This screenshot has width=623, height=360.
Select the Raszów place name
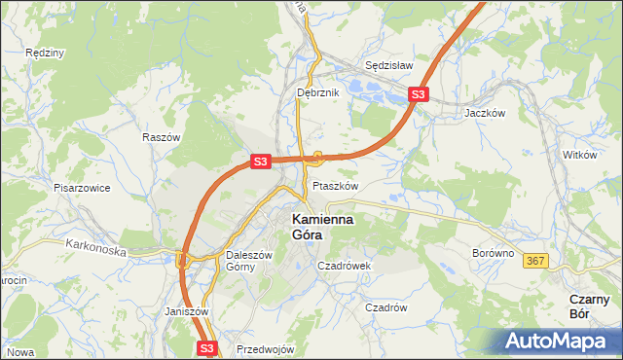pyautogui.click(x=162, y=138)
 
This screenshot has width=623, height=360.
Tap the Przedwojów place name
pyautogui.click(x=265, y=349)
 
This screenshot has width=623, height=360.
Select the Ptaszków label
pyautogui.click(x=336, y=185)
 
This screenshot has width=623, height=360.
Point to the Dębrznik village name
pyautogui.click(x=317, y=92)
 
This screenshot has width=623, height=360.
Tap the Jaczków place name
pyautogui.click(x=485, y=112)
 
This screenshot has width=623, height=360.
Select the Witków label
pyautogui.click(x=579, y=155)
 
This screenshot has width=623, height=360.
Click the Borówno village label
pyautogui.click(x=493, y=252)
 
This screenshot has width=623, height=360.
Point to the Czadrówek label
pyautogui.click(x=345, y=265)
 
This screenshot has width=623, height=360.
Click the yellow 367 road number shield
pyautogui.click(x=534, y=261)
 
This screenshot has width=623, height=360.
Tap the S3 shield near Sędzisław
pyautogui.click(x=418, y=94)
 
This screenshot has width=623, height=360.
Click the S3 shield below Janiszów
pyautogui.click(x=206, y=347)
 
